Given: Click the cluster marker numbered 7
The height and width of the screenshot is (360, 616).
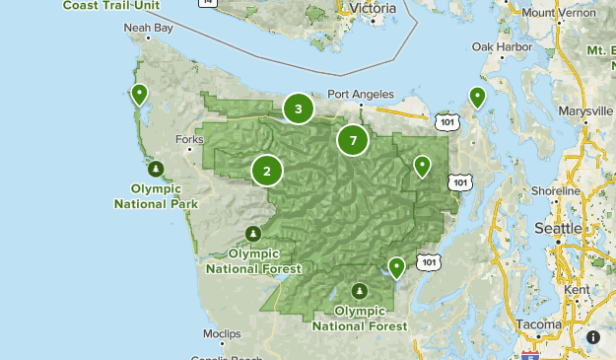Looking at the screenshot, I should coord(353,140).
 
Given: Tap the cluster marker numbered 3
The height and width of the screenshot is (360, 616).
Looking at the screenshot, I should coord(299,108).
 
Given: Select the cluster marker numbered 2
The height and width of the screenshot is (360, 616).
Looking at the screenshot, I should coord(266,171).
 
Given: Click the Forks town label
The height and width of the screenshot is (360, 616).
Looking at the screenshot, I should coord(187,139).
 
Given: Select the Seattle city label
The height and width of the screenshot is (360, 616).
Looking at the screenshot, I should coord(558,228).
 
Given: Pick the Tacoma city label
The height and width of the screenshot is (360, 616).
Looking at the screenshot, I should coord(536,324).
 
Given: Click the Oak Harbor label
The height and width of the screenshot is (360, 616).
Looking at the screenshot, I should coord(496,46).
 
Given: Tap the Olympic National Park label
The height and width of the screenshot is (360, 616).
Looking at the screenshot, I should coord(156,196).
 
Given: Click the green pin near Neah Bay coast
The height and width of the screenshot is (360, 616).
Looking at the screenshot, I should coord(140,95).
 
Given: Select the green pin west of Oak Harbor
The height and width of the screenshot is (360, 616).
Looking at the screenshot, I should coord(477,97).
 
